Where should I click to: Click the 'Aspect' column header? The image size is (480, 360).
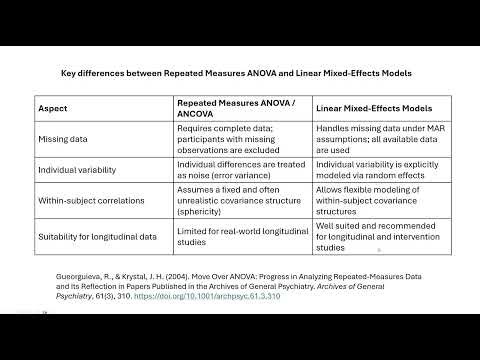(x=53, y=107)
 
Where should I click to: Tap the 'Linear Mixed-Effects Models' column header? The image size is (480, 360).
(x=374, y=107)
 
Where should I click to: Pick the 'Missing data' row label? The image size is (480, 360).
(x=64, y=139)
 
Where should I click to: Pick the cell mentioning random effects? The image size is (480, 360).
(x=374, y=171)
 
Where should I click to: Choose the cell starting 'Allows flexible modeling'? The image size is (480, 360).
(x=374, y=203)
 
